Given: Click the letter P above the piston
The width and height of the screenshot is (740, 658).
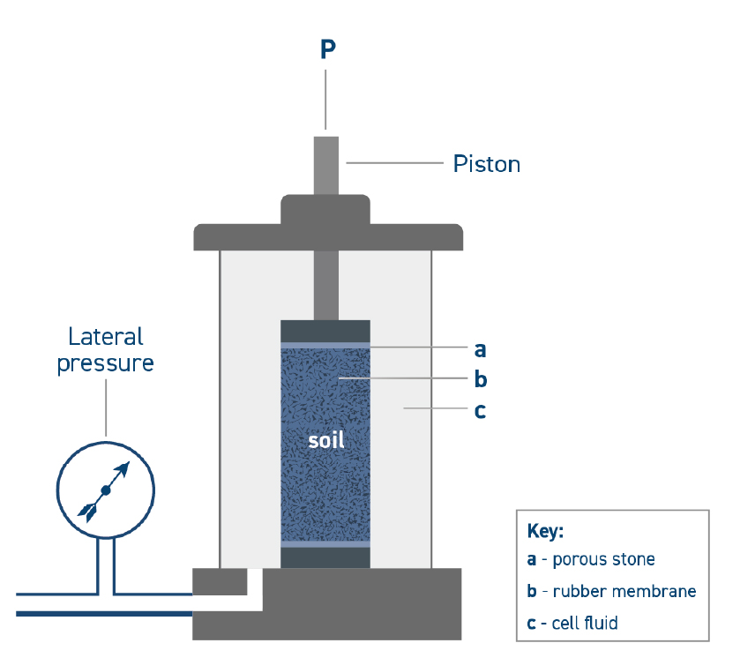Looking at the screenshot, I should pyautogui.click(x=327, y=49).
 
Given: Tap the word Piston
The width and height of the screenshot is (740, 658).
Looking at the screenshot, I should pyautogui.click(x=486, y=164).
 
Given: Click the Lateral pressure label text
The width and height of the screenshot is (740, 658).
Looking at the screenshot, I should pyautogui.click(x=106, y=350).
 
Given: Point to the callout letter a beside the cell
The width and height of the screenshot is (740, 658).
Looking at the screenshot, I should pyautogui.click(x=480, y=349).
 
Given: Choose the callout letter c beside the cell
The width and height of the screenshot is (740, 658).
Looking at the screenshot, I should pyautogui.click(x=480, y=411).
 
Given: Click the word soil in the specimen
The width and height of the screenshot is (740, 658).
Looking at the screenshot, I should pyautogui.click(x=325, y=440).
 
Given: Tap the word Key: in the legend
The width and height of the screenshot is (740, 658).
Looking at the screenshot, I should pyautogui.click(x=545, y=533).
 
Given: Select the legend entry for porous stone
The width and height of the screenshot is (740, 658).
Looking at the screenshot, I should pyautogui.click(x=591, y=559).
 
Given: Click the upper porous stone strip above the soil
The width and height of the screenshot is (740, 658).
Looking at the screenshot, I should pyautogui.click(x=325, y=345).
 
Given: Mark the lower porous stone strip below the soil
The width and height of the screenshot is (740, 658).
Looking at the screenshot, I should pyautogui.click(x=325, y=544).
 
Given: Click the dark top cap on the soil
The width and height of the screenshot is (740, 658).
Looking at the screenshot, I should pyautogui.click(x=325, y=330).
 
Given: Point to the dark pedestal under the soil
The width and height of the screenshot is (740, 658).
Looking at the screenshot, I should pyautogui.click(x=325, y=558).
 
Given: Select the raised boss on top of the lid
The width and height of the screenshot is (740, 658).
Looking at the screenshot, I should pyautogui.click(x=325, y=210).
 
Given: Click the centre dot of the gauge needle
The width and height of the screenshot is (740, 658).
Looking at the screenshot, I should pyautogui.click(x=106, y=490).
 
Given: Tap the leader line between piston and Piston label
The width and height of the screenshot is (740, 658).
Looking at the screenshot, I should pyautogui.click(x=392, y=163).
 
